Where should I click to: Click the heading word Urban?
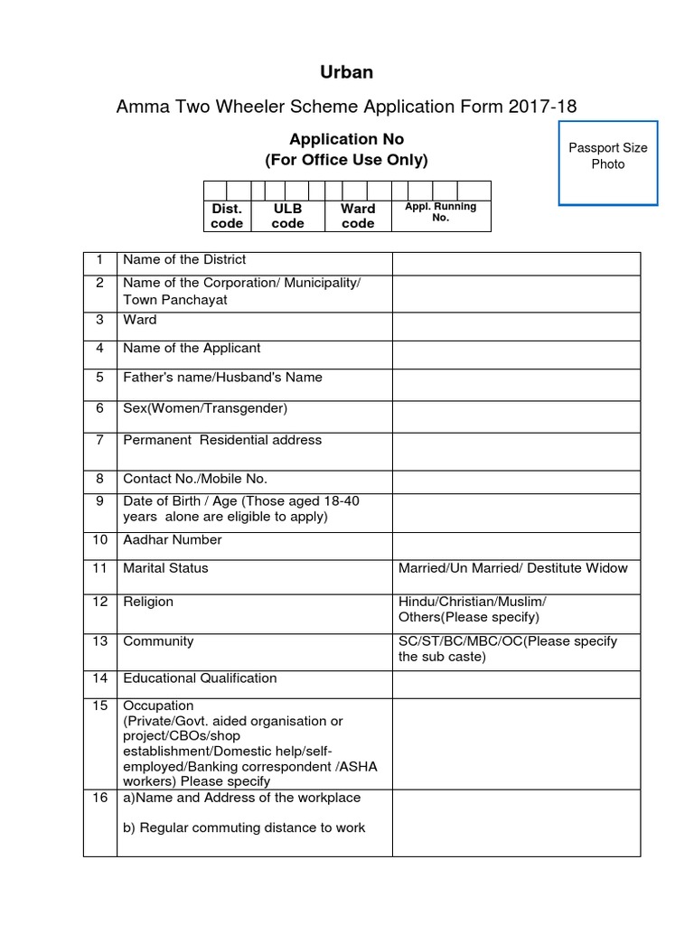pyautogui.click(x=347, y=72)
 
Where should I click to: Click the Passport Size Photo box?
pyautogui.click(x=607, y=163)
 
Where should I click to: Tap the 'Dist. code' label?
pyautogui.click(x=227, y=216)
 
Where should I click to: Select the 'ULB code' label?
pyautogui.click(x=287, y=216)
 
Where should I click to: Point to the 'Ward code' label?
pyautogui.click(x=358, y=216)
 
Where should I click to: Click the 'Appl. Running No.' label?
pyautogui.click(x=441, y=212)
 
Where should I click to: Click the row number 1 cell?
pyautogui.click(x=99, y=260)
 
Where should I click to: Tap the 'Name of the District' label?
pyautogui.click(x=184, y=260)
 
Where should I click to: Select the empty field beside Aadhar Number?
pyautogui.click(x=516, y=545)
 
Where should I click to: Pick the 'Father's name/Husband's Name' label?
pyautogui.click(x=222, y=378)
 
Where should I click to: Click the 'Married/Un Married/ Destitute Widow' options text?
pyautogui.click(x=512, y=568)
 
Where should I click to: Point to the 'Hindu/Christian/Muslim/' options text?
pyautogui.click(x=472, y=602)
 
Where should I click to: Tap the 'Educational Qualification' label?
pyautogui.click(x=200, y=678)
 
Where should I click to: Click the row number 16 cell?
pyautogui.click(x=99, y=798)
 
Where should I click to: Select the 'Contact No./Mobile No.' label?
pyautogui.click(x=195, y=479)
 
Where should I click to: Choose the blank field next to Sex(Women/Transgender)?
pyautogui.click(x=516, y=416)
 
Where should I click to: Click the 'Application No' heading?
pyautogui.click(x=346, y=139)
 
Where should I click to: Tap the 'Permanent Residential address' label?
pyautogui.click(x=222, y=440)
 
